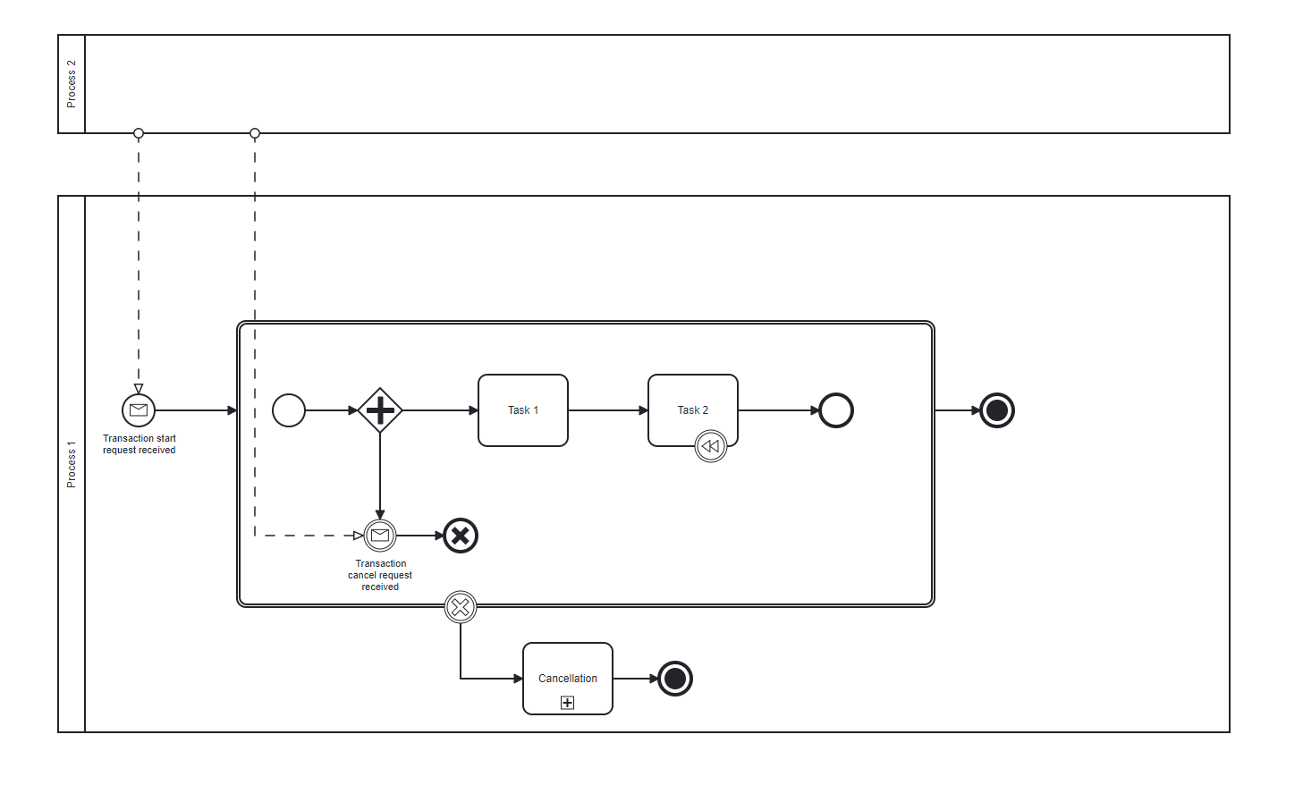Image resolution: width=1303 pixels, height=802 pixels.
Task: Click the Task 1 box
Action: click(x=523, y=410)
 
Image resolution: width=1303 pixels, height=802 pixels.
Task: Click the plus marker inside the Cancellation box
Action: click(x=567, y=703)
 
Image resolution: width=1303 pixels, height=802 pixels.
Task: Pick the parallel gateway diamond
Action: click(x=380, y=410)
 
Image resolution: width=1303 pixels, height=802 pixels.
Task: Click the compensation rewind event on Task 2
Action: click(x=711, y=446)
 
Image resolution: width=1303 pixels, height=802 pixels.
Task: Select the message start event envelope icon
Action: click(x=139, y=410)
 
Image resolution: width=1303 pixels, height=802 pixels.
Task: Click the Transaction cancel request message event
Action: click(x=380, y=535)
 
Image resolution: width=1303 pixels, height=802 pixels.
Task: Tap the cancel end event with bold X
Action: click(x=461, y=536)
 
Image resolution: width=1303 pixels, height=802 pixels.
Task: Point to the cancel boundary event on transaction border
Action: click(x=461, y=608)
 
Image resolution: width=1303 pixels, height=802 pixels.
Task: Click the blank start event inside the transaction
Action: click(x=289, y=410)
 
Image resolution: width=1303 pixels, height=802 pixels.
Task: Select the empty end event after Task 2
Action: click(x=836, y=410)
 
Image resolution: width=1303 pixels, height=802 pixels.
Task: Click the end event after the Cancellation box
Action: click(x=675, y=678)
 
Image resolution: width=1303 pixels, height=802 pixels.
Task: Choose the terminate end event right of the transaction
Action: click(x=997, y=410)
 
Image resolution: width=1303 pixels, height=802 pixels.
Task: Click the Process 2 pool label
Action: click(x=72, y=84)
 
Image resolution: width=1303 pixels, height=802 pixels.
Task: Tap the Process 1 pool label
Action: click(x=72, y=464)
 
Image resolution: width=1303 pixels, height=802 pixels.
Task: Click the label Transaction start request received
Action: click(x=139, y=443)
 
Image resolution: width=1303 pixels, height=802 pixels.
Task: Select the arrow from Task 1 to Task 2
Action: click(x=608, y=410)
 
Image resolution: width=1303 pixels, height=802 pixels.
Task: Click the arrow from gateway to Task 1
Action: click(x=440, y=410)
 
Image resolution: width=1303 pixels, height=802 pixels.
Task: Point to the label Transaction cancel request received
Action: click(x=380, y=575)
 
